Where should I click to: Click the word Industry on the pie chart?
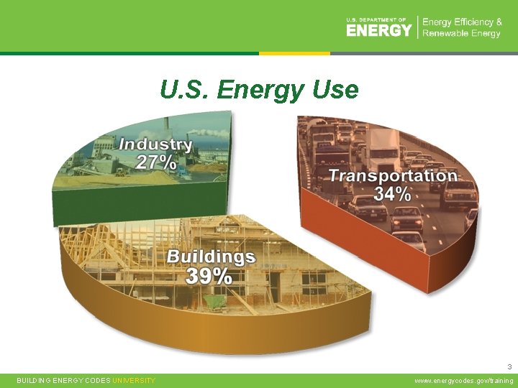(x=155, y=144)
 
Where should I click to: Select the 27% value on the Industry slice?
(x=156, y=162)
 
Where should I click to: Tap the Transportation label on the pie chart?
(x=393, y=175)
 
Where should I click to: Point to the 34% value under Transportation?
(x=392, y=193)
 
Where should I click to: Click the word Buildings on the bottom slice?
(x=211, y=257)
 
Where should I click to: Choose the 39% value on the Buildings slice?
(x=209, y=276)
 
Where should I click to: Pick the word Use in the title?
(x=335, y=90)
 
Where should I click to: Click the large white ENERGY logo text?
(x=378, y=30)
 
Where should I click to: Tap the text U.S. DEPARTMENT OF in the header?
(x=376, y=19)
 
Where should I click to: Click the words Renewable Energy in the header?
(x=461, y=34)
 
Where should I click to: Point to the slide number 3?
(x=510, y=366)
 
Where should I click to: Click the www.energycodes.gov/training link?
(x=464, y=380)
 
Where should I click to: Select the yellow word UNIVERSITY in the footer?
(x=133, y=380)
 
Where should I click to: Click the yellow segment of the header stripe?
(x=294, y=53)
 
